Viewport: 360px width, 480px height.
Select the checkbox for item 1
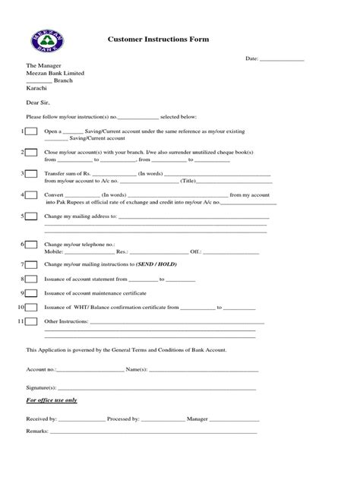coord(30,131)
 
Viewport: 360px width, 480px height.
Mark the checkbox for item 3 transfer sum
coord(30,174)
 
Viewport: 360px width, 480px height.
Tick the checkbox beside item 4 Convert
coord(30,195)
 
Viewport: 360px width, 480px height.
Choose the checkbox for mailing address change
coord(30,216)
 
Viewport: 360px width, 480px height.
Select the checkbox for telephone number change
coord(30,245)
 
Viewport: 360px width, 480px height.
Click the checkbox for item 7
coord(30,264)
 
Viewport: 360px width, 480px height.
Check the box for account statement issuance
coord(30,279)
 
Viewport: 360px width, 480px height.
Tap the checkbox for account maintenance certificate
coord(30,293)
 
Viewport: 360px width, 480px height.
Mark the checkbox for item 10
coord(30,308)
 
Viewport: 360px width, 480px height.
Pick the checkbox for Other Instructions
coord(30,322)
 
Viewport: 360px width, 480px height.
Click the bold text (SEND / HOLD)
coord(157,264)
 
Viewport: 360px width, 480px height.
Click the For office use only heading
coord(52,400)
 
